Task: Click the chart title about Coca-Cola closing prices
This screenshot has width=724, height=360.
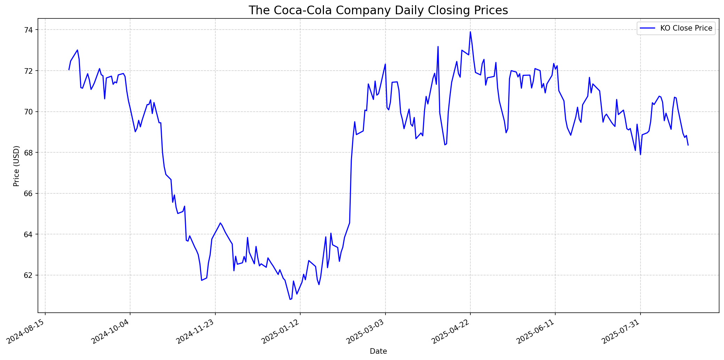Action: pos(378,10)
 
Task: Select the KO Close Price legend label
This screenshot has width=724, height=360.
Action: pos(686,28)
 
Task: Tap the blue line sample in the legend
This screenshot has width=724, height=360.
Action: pos(647,28)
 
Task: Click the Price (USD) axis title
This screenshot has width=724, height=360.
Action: pos(16,166)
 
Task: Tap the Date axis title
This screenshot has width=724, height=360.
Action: pos(378,351)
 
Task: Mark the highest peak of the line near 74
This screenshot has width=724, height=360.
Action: pos(470,32)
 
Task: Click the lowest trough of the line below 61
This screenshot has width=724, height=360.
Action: pos(290,299)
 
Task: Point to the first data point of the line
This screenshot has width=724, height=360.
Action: pos(69,70)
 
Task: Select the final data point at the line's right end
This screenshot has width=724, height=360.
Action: pos(688,145)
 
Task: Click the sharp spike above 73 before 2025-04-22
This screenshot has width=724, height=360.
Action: pos(438,47)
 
